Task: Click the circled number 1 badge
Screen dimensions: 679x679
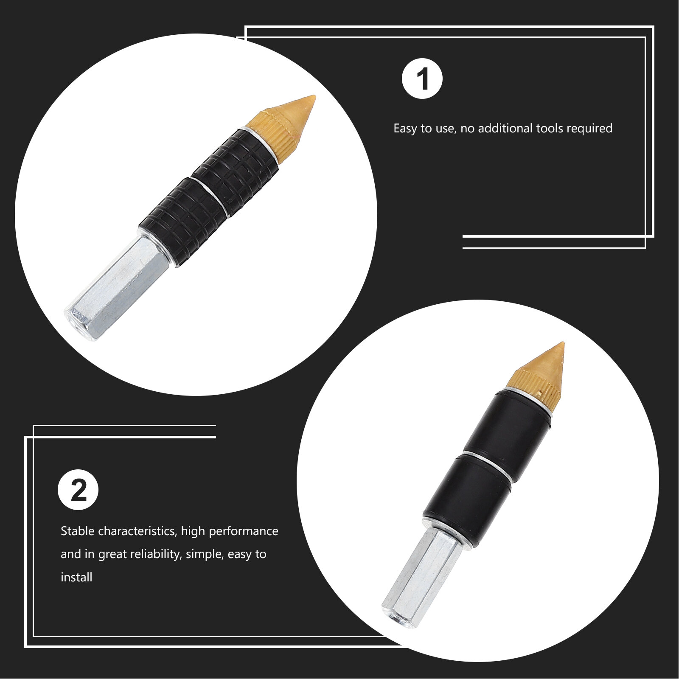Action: tap(422, 79)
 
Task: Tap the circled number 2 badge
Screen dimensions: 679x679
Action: tap(78, 490)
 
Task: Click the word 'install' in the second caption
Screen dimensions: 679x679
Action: tap(76, 577)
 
